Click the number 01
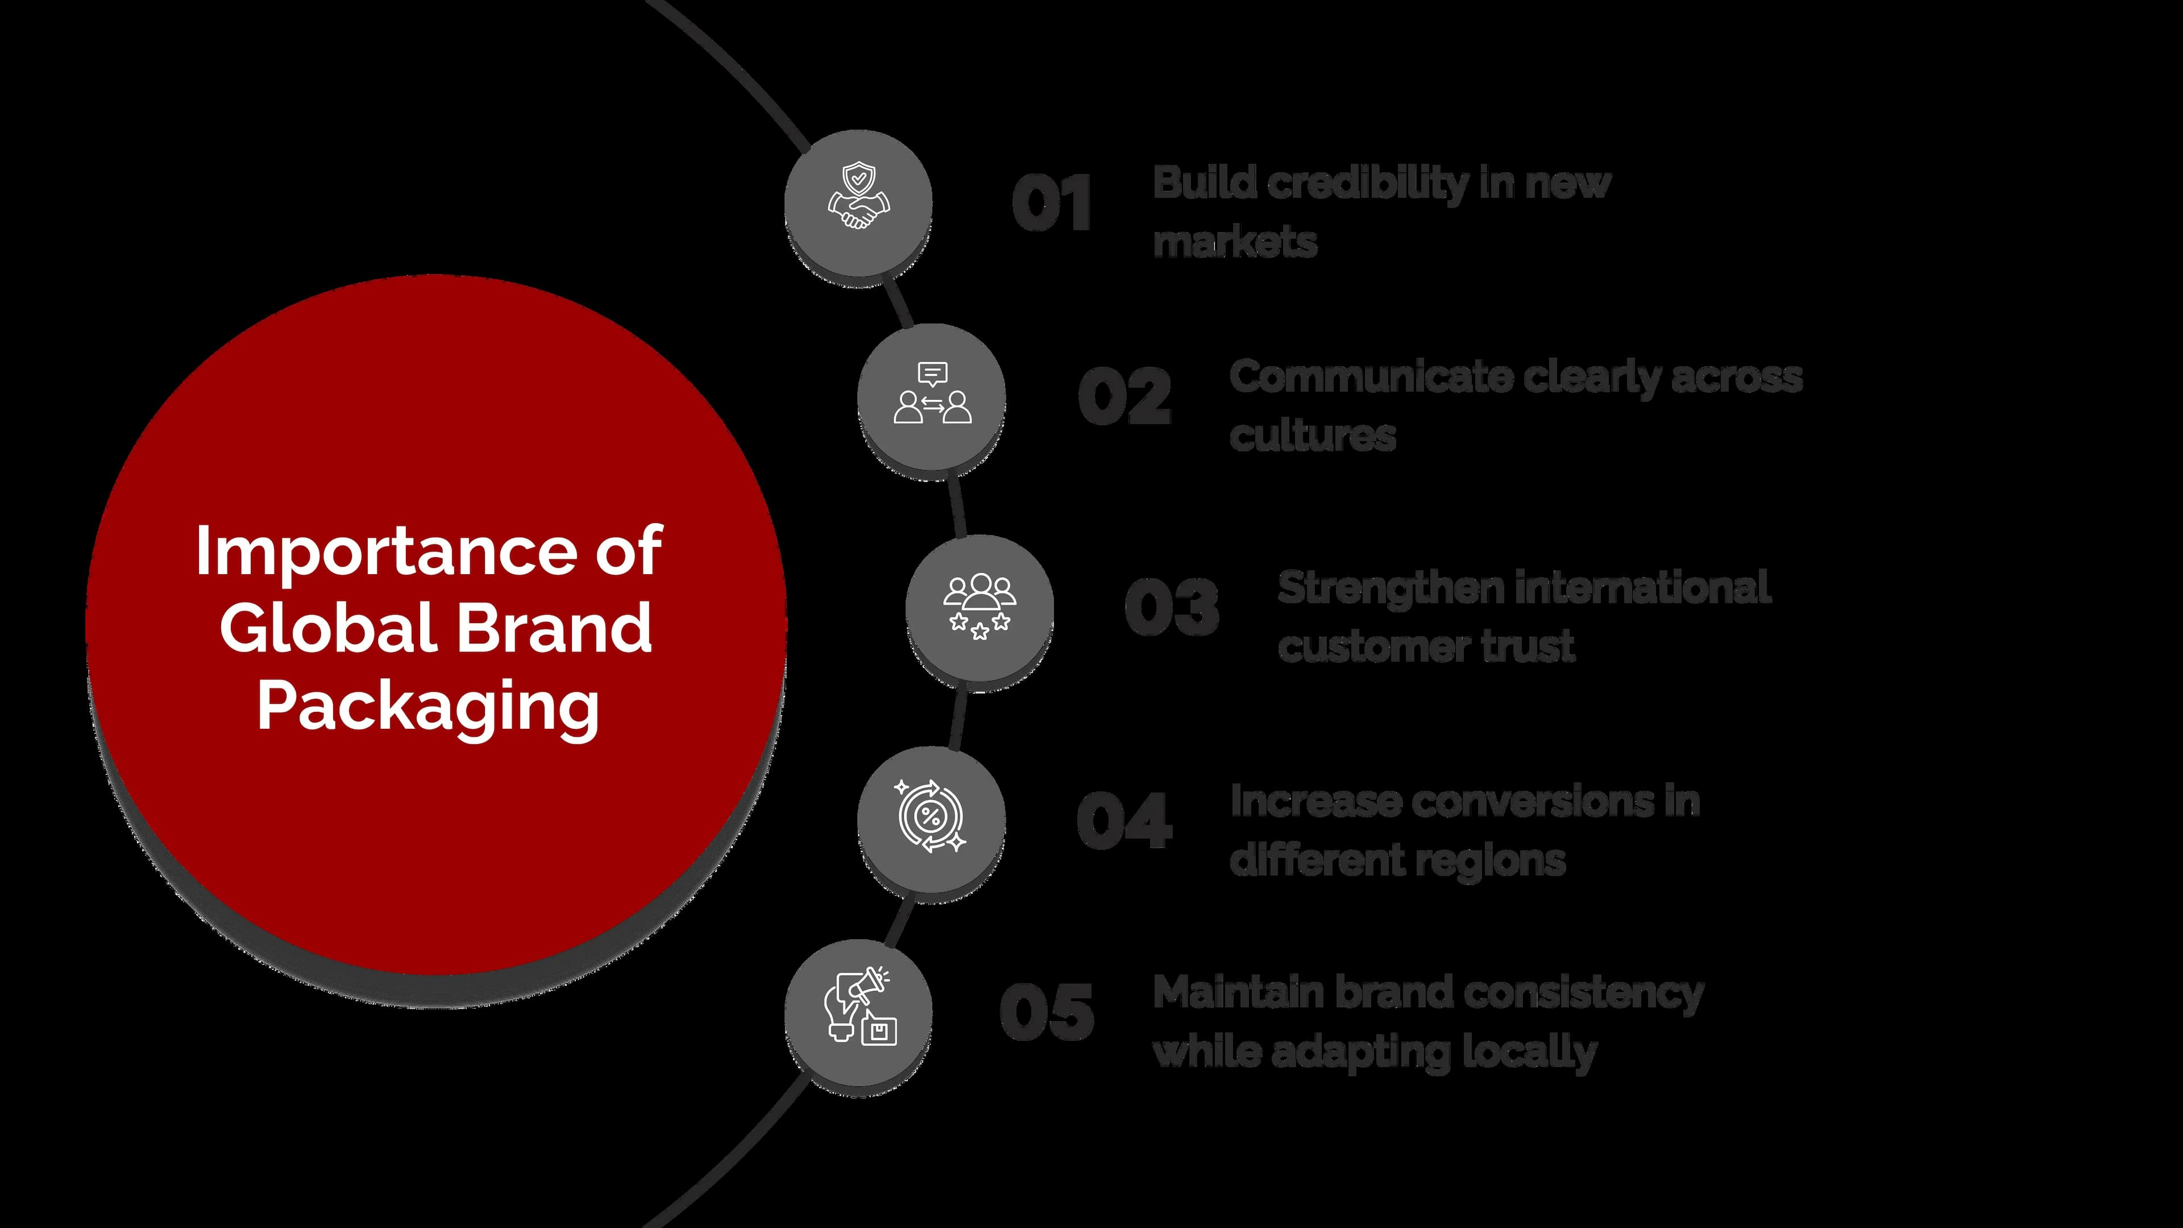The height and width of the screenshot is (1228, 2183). [x=1052, y=204]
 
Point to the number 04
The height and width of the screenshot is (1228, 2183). [x=1124, y=820]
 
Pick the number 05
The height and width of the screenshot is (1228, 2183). [x=1047, y=1013]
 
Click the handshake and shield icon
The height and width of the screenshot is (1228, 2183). [x=858, y=197]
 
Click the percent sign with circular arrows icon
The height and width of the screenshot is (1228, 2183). [x=931, y=816]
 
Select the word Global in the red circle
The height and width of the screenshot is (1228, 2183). [x=327, y=628]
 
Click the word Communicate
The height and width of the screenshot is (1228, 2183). [x=1370, y=377]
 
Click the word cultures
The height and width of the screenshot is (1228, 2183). [x=1312, y=435]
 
